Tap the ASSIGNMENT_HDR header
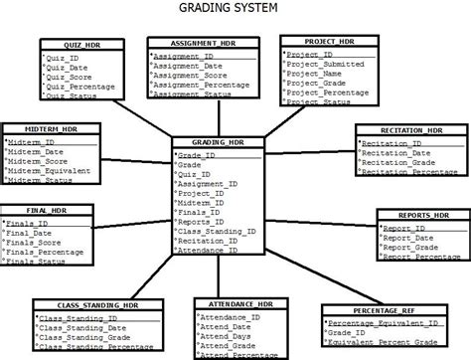[x=194, y=45]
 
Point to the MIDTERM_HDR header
[x=44, y=129]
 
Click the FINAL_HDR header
[x=45, y=211]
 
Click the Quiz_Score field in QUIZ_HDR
[x=75, y=78]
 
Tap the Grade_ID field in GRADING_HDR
[x=197, y=155]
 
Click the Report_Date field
[x=409, y=239]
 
